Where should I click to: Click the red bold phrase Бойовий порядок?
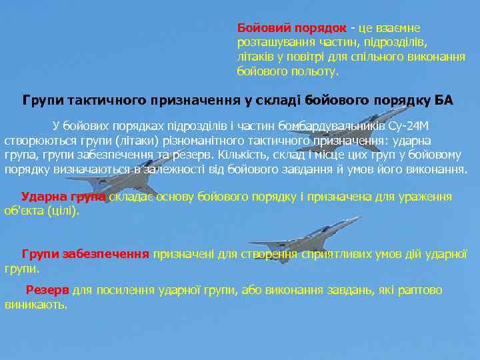pyautogui.click(x=292, y=28)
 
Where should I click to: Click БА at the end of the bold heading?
pyautogui.click(x=443, y=101)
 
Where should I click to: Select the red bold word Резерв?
pyautogui.click(x=47, y=291)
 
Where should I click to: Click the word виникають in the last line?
pyautogui.click(x=35, y=305)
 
